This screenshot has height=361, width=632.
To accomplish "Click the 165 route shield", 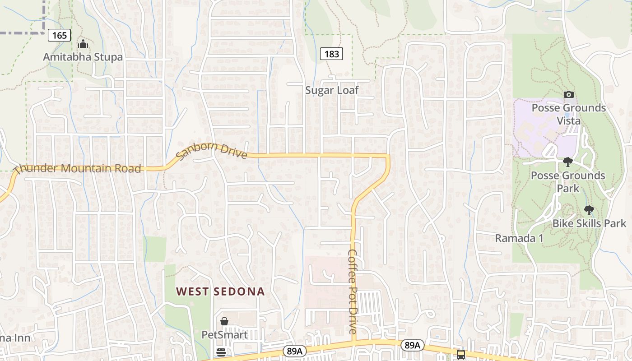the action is pyautogui.click(x=60, y=35).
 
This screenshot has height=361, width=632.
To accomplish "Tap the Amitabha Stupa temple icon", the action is pyautogui.click(x=83, y=44).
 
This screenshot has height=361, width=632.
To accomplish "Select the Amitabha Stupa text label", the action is pyautogui.click(x=83, y=57).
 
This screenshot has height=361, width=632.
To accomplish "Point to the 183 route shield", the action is pyautogui.click(x=332, y=54).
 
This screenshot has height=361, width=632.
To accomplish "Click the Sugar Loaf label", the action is pyautogui.click(x=332, y=90).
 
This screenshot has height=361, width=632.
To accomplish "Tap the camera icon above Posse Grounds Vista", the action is pyautogui.click(x=569, y=94).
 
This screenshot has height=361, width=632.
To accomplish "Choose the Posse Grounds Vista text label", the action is pyautogui.click(x=569, y=114).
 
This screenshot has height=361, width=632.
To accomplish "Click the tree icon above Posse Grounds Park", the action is pyautogui.click(x=568, y=162).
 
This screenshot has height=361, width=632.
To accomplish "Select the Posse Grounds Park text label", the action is pyautogui.click(x=568, y=181).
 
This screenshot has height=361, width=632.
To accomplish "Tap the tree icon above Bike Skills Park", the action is pyautogui.click(x=589, y=210).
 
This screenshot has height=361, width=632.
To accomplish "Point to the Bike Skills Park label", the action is pyautogui.click(x=590, y=223).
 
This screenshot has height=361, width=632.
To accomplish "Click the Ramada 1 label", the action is pyautogui.click(x=519, y=238).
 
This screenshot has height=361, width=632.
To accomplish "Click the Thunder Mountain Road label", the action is pyautogui.click(x=78, y=169).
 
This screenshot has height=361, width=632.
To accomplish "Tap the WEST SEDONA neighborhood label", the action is pyautogui.click(x=220, y=292).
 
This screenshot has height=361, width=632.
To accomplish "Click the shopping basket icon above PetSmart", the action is pyautogui.click(x=224, y=321).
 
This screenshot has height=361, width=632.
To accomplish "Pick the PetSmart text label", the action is pyautogui.click(x=224, y=335).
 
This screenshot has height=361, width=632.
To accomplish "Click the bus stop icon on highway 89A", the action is pyautogui.click(x=460, y=354).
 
